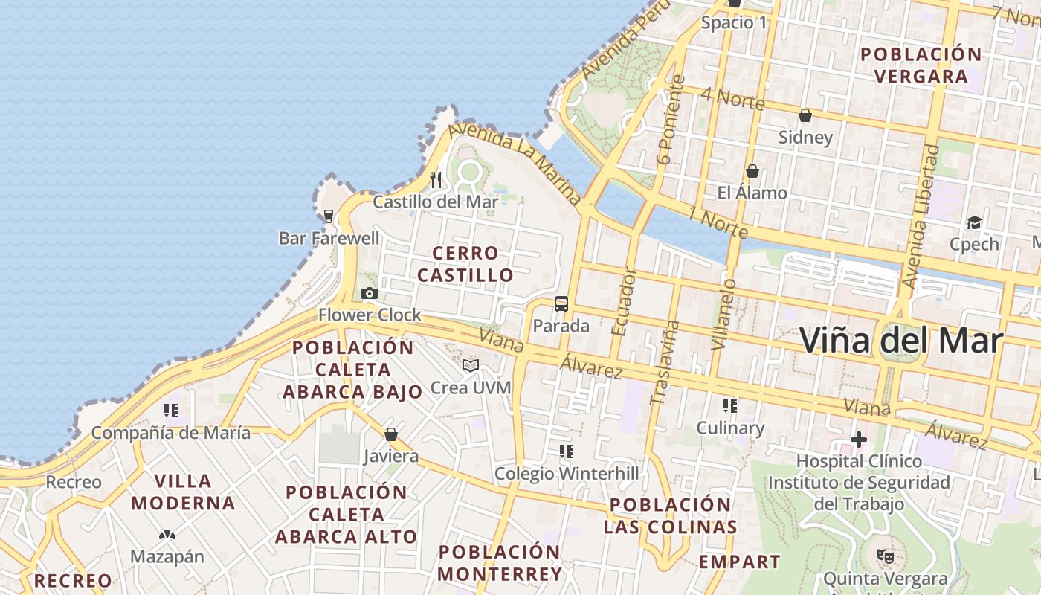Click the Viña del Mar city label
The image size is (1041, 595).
tap(901, 341)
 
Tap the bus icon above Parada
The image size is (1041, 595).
tap(561, 304)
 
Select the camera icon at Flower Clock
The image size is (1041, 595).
tap(370, 293)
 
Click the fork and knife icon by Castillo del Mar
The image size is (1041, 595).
tap(436, 179)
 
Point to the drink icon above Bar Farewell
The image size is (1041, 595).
tap(328, 216)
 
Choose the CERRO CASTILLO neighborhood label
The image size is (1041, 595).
tap(465, 264)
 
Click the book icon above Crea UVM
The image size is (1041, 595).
tap(470, 365)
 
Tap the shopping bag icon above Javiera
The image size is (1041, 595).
tap(391, 434)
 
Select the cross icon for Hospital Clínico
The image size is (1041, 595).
tap(859, 440)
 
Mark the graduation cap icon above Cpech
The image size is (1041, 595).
tap(974, 222)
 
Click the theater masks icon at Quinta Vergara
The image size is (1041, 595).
tap(885, 556)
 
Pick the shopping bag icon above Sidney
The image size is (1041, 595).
tap(805, 115)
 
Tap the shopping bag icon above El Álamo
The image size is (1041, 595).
tap(752, 171)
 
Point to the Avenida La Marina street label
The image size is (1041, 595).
tap(515, 167)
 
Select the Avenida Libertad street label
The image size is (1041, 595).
tap(921, 216)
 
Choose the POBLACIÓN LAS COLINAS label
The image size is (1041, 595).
tap(671, 515)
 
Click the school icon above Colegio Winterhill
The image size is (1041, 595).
tap(567, 451)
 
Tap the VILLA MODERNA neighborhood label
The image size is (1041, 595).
tap(183, 492)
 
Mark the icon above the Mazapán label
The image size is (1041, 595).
tap(167, 534)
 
